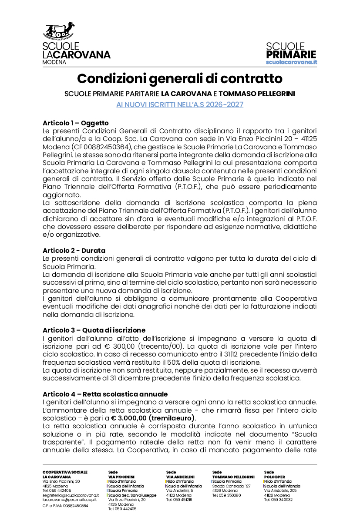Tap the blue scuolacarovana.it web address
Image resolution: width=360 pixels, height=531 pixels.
pos(291,62)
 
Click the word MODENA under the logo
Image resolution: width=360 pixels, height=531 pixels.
pos(54,62)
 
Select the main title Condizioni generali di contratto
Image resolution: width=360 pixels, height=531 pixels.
pos(180,79)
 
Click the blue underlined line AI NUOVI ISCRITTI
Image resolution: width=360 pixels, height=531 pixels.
pos(180,104)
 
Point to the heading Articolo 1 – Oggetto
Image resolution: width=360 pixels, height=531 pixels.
pos(76,123)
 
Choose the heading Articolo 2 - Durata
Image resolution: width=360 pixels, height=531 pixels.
pos(74,251)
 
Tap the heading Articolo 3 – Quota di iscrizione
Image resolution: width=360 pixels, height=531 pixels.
pos(94,330)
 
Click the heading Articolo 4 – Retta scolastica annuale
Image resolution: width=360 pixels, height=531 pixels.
pos(105,394)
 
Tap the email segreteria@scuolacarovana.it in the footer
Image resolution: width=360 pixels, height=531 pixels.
pos(71,495)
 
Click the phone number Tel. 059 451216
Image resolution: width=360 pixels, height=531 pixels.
pos(179,500)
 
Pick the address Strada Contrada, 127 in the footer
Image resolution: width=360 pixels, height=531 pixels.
pos(232,486)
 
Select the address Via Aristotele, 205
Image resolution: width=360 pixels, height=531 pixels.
pos(280,491)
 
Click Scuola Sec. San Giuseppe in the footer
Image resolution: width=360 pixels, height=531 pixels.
pos(132,495)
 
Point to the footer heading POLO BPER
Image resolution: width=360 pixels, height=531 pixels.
pos(274,477)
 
